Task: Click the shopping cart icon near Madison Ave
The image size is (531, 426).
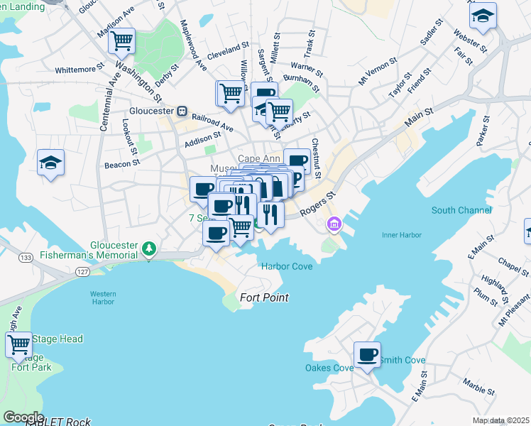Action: (x=121, y=40)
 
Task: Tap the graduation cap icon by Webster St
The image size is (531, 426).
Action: (x=483, y=16)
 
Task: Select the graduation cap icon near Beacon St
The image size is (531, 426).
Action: (x=50, y=163)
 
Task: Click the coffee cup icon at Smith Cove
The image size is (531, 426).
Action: (x=367, y=355)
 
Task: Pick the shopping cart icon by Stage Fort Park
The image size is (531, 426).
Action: (x=18, y=345)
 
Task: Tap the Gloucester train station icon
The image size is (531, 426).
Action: (x=182, y=111)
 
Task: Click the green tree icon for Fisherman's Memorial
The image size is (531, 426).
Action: (x=148, y=248)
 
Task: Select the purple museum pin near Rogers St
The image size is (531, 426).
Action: (x=334, y=225)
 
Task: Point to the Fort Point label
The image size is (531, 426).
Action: (x=264, y=297)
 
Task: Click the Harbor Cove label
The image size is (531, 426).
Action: (x=287, y=266)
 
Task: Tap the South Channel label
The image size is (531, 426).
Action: (x=461, y=210)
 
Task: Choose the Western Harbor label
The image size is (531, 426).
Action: (x=102, y=297)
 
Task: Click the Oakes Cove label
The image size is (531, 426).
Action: (x=329, y=368)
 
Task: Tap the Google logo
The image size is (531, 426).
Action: (x=23, y=417)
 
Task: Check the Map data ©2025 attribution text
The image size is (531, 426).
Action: (x=500, y=420)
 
